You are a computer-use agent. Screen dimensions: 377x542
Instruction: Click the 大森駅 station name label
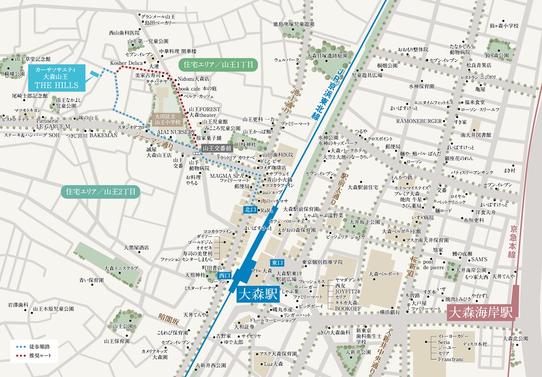coord(258,295)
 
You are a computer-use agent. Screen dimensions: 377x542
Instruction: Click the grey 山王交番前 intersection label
coord(217,147)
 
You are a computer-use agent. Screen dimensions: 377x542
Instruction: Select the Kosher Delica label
coord(126,63)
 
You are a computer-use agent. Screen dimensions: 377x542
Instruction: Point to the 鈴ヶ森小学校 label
coord(504,25)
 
